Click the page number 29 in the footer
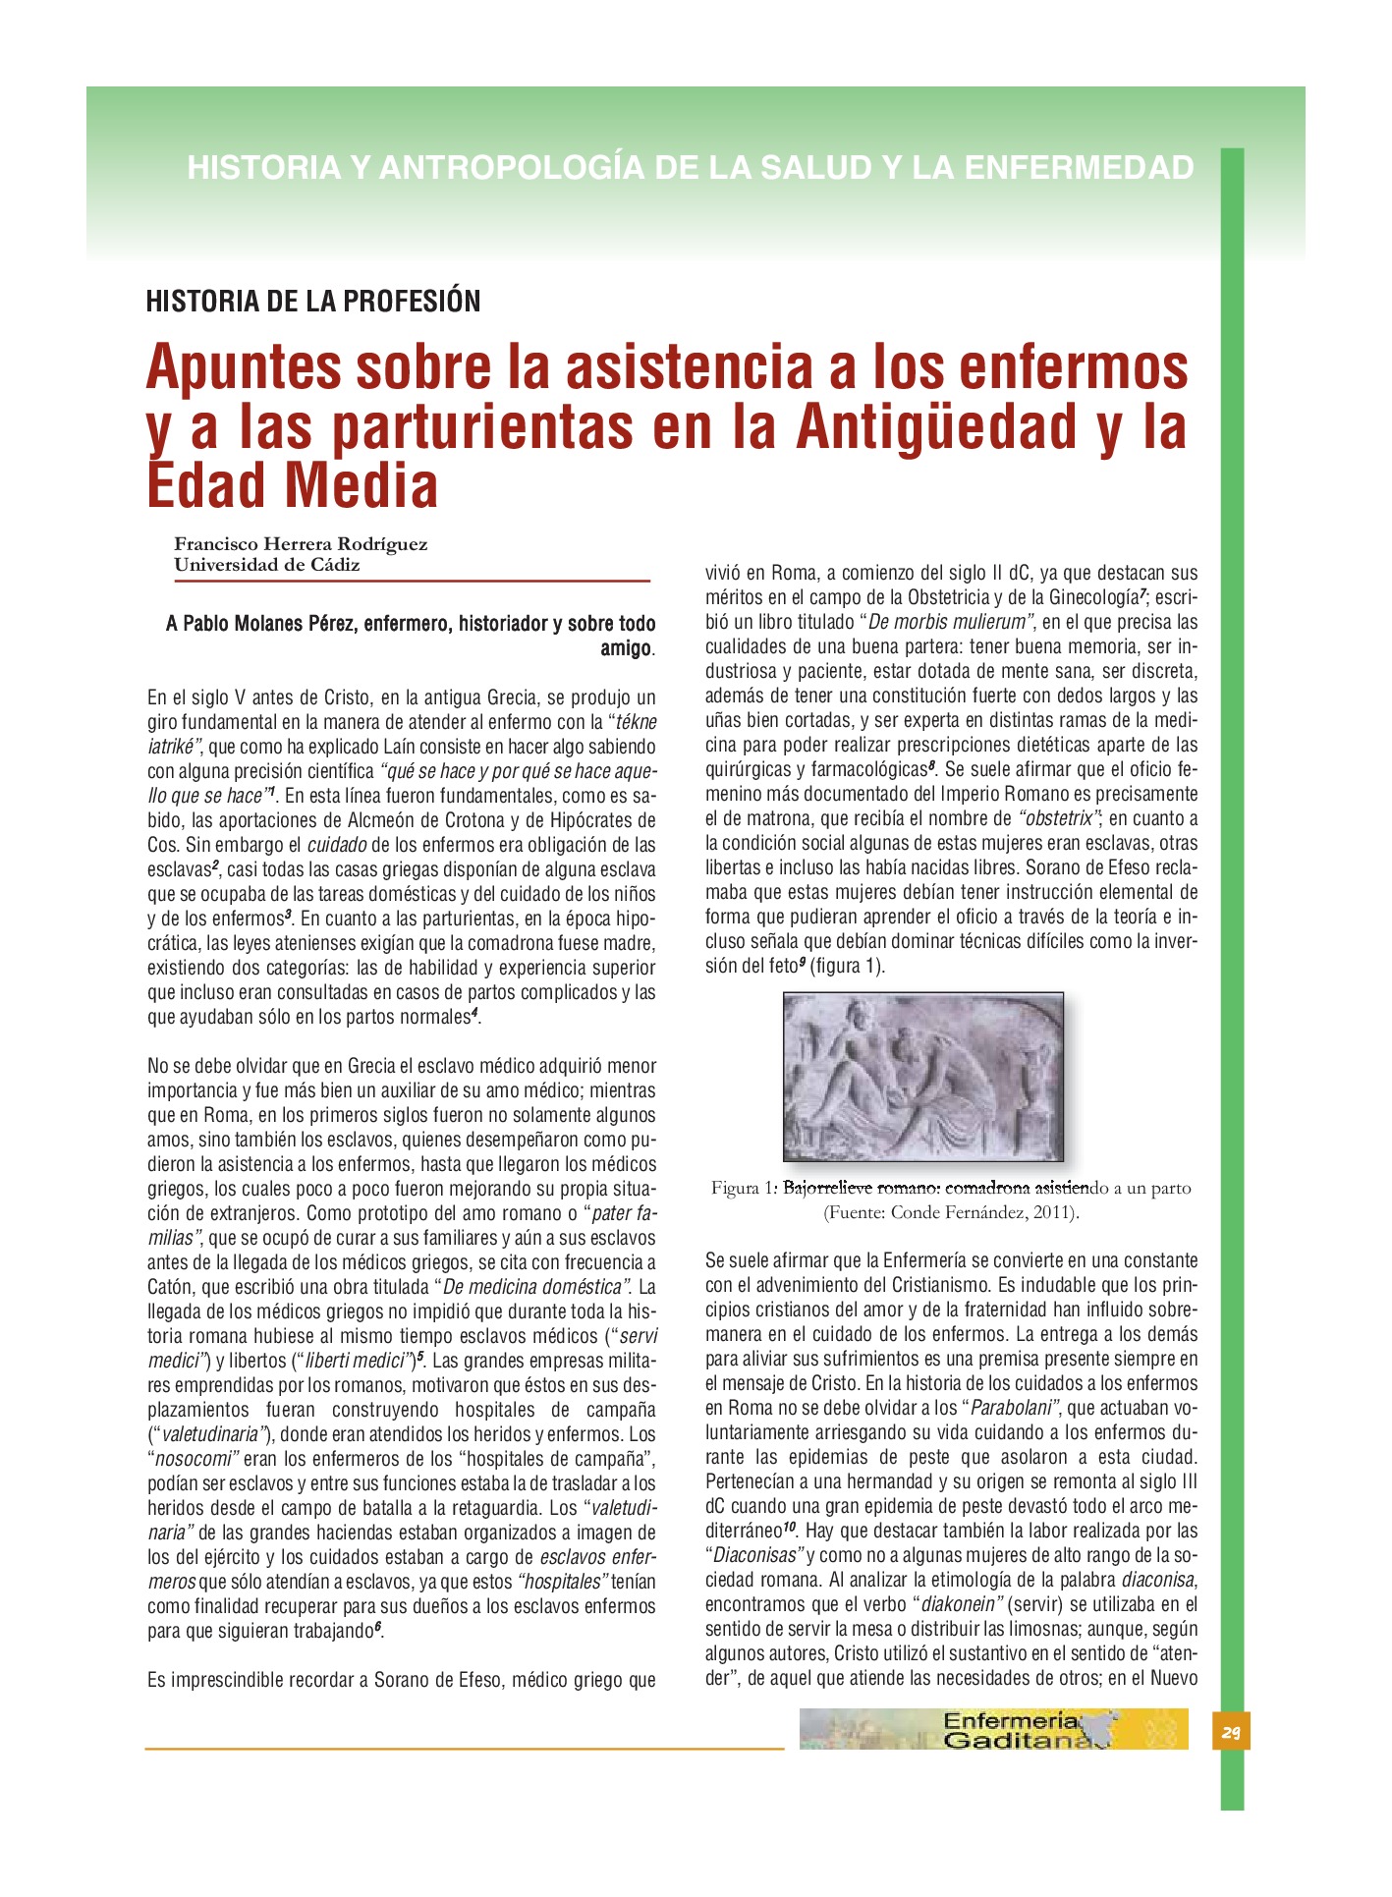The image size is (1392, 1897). (1231, 1732)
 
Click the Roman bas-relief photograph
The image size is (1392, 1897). (922, 1076)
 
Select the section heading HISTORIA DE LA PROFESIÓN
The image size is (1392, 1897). (313, 301)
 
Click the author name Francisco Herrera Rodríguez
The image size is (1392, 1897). (301, 543)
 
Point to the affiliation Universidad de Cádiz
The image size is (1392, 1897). (267, 565)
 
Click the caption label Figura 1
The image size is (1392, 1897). (743, 1188)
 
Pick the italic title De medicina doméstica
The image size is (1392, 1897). (535, 1287)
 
